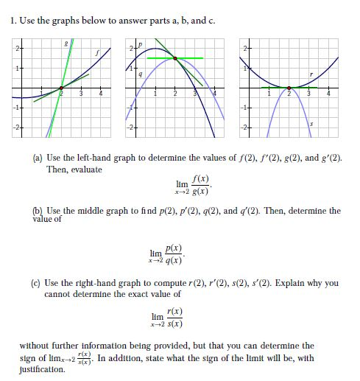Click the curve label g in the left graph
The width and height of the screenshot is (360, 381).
(67, 46)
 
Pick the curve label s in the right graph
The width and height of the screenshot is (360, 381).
(311, 126)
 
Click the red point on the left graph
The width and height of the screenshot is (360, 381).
(61, 88)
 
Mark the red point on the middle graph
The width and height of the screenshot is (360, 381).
(175, 57)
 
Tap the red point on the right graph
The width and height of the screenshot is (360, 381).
(289, 88)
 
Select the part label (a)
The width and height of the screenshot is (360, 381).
(38, 158)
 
